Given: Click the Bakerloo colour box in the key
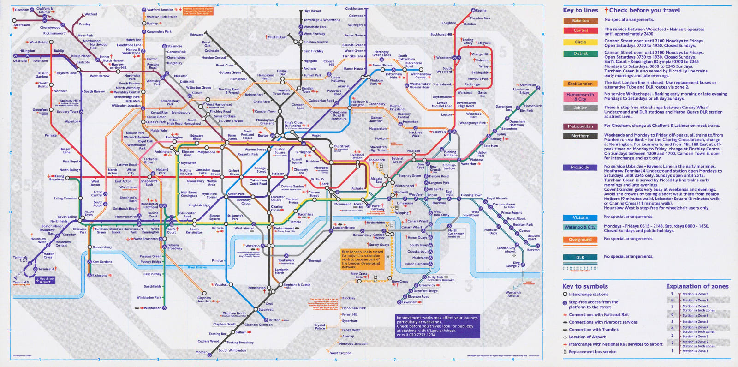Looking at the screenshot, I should tap(580, 21).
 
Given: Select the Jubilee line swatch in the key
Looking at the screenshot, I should tap(580, 108).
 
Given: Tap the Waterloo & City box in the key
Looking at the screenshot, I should tap(580, 227).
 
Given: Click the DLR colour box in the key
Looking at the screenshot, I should tap(580, 258).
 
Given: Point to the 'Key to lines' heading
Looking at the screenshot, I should tap(580, 10).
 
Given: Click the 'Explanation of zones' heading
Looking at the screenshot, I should tap(697, 286).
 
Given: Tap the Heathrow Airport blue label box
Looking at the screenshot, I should tap(47, 280).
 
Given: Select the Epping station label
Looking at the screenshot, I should tap(481, 10).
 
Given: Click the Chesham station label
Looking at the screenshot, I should tap(22, 10).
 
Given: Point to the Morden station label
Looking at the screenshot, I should tap(201, 352).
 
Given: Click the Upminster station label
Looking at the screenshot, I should tap(528, 85).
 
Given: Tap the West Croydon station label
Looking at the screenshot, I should tap(340, 353).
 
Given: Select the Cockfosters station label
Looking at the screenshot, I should tap(354, 9).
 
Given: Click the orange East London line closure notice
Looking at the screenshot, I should tap(362, 259).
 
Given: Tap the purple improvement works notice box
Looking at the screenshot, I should tap(437, 326).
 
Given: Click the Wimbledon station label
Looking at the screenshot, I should tap(152, 308).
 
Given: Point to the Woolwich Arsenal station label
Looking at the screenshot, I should tap(513, 294).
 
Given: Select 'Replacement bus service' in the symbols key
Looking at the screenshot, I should tap(592, 352).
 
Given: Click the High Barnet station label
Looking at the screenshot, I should tap(312, 11).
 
